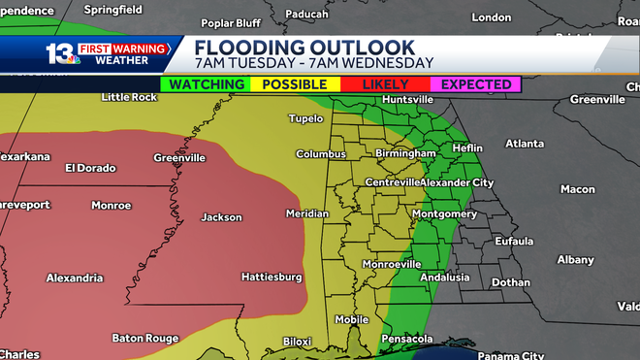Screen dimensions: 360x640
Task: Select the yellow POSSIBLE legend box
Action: tap(295, 84)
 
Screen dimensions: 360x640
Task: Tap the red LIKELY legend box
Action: tap(385, 84)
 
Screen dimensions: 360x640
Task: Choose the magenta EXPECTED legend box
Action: tap(475, 84)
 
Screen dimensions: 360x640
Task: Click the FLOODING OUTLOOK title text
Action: tap(304, 48)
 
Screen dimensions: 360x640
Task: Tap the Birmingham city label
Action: tap(406, 153)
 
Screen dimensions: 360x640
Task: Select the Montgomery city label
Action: tap(443, 213)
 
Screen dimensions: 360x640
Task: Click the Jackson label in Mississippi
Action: tap(221, 217)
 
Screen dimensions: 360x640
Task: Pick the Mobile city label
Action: tap(352, 319)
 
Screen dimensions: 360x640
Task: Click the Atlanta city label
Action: tap(525, 144)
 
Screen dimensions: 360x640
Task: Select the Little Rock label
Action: tap(129, 97)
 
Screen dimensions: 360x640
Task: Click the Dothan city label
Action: tap(510, 282)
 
